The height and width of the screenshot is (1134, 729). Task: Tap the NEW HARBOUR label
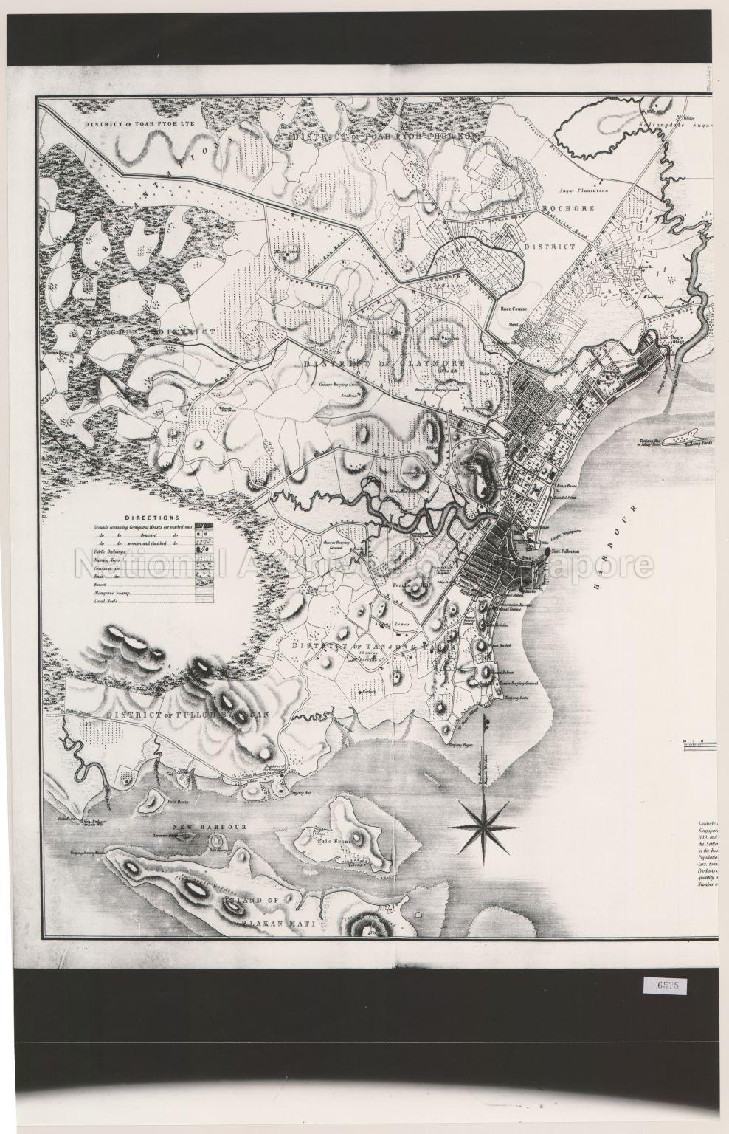pyautogui.click(x=197, y=828)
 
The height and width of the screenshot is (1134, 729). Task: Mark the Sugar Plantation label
pyautogui.click(x=582, y=190)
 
